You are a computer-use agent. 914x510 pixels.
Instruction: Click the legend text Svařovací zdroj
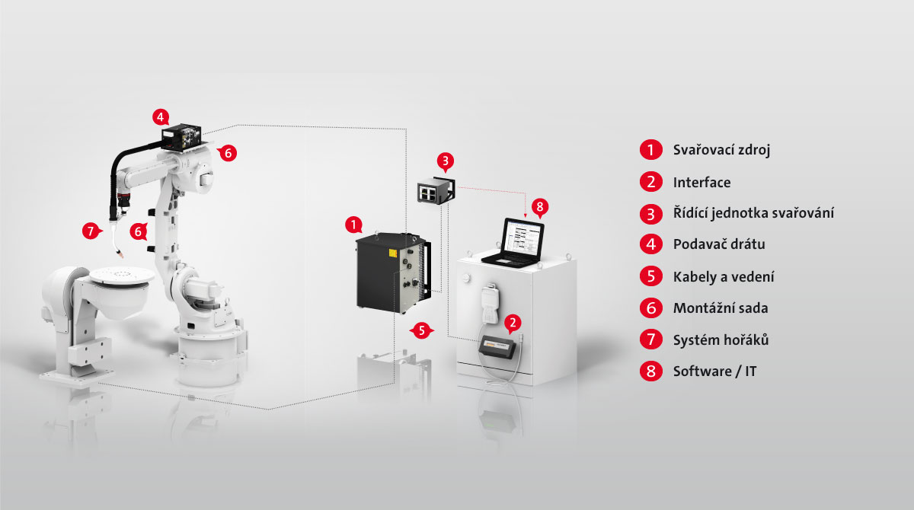click(x=721, y=150)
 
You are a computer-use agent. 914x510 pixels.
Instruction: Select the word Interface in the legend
click(x=701, y=182)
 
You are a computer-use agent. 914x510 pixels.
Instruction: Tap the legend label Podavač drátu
click(x=719, y=244)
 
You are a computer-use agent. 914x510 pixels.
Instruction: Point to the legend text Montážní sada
click(x=721, y=308)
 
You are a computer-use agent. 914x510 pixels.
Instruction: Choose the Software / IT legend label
click(x=715, y=371)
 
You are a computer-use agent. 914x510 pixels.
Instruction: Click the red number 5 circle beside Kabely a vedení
click(x=650, y=276)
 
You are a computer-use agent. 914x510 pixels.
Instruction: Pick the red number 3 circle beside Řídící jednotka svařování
click(x=650, y=214)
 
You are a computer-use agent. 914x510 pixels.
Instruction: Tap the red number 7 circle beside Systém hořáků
click(x=650, y=339)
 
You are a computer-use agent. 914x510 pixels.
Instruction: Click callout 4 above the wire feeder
click(x=161, y=117)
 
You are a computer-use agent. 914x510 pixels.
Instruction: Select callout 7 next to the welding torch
click(x=91, y=231)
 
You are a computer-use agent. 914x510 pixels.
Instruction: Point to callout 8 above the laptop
click(x=540, y=207)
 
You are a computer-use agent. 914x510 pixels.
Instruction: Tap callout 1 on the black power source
click(x=353, y=225)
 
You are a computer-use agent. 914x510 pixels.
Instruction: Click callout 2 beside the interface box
click(x=513, y=323)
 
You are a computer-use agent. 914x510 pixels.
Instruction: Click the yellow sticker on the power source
click(x=392, y=253)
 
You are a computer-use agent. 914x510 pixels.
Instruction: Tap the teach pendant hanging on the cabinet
click(x=491, y=304)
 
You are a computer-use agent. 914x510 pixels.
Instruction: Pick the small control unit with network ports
click(x=436, y=190)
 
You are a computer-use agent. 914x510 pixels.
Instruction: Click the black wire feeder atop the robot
click(x=181, y=137)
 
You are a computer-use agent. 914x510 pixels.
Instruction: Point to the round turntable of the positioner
click(x=122, y=276)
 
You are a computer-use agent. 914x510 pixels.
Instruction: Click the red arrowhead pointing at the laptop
click(x=525, y=215)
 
